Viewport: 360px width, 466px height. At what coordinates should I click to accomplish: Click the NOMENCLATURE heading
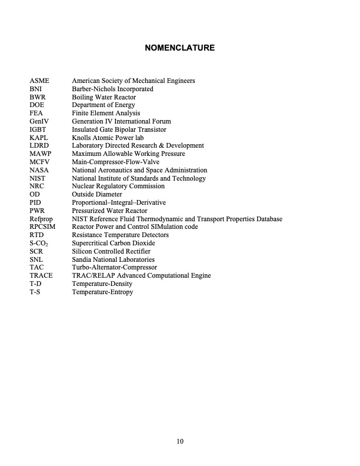point(179,48)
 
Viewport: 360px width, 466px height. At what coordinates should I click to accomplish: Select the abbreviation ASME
point(39,81)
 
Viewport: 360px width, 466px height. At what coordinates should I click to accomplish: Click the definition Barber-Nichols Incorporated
point(112,89)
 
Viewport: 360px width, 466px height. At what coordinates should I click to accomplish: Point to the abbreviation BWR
point(38,97)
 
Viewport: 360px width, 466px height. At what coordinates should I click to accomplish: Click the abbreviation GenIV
point(39,121)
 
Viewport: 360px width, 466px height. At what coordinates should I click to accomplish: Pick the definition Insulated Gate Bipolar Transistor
point(119,129)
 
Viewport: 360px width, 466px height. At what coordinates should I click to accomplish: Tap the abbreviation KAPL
point(39,138)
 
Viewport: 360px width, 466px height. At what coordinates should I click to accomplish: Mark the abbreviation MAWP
point(41,154)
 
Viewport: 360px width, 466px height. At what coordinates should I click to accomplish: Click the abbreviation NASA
point(39,170)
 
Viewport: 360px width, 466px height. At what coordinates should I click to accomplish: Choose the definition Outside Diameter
point(97,194)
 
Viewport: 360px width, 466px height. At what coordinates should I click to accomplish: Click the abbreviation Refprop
point(41,219)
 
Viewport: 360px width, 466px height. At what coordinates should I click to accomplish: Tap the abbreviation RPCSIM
point(42,227)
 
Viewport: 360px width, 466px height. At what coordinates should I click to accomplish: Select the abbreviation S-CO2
point(40,243)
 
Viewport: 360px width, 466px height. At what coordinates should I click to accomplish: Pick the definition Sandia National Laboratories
point(113,259)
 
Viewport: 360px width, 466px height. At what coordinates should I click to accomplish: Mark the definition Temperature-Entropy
point(102,292)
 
